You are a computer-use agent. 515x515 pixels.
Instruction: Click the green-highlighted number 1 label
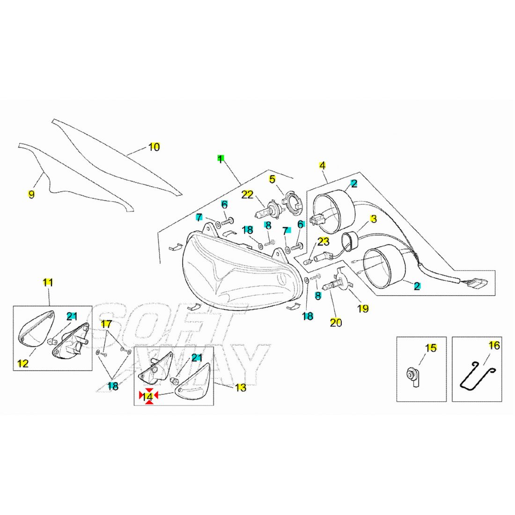pos(220,158)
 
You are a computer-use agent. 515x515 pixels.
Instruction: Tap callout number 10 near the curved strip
pos(154,147)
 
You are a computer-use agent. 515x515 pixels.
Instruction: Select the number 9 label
pos(31,194)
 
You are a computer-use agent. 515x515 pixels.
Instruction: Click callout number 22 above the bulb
pos(247,194)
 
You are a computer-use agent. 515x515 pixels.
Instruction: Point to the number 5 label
pos(272,179)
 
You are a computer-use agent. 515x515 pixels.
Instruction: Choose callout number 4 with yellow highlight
pos(323,165)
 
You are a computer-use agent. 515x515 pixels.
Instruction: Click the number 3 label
pos(374,219)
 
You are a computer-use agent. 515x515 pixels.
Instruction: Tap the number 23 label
pos(324,242)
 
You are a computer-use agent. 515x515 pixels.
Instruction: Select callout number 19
pos(363,309)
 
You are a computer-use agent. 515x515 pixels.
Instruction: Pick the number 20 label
pos(336,323)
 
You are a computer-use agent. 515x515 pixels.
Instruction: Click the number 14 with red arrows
pos(148,397)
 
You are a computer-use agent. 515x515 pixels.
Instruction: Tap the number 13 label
pos(240,388)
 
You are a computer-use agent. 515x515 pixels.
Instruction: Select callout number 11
pos(48,282)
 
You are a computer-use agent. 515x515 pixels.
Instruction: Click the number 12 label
pos(23,363)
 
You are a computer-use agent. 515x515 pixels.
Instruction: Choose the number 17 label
pos(106,324)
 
